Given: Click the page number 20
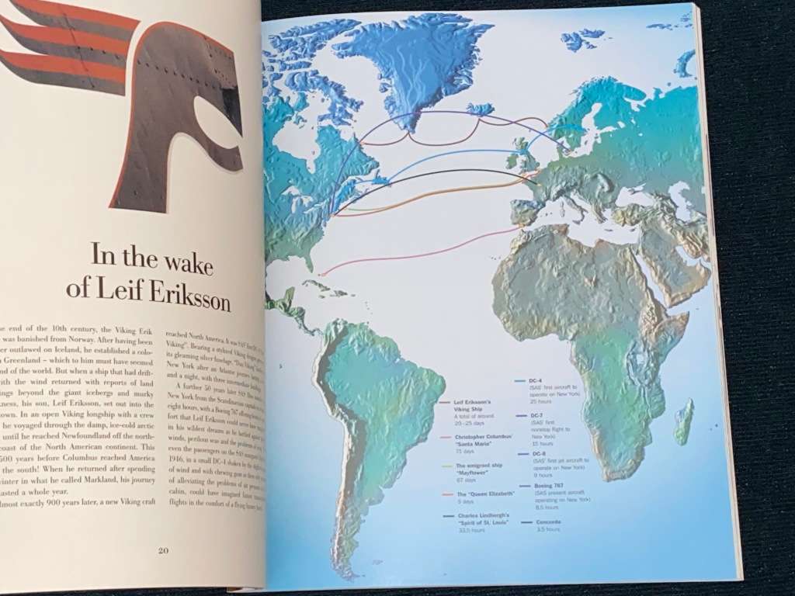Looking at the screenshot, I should tap(163, 551).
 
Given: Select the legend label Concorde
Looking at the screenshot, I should tap(548, 521).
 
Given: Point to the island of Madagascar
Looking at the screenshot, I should tap(683, 420).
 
